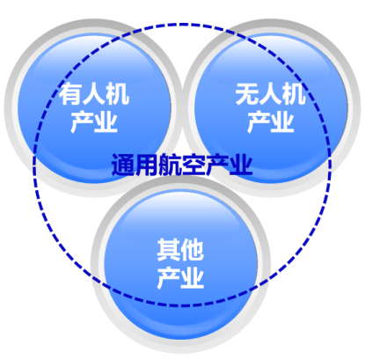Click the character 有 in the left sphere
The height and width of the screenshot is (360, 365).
pyautogui.click(x=70, y=94)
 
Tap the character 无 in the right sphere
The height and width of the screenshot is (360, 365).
pyautogui.click(x=247, y=94)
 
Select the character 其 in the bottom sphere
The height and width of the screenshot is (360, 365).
pyautogui.click(x=169, y=250)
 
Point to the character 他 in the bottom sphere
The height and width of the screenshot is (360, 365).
pyautogui.click(x=192, y=250)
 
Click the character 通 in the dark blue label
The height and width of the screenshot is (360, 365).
pyautogui.click(x=123, y=165)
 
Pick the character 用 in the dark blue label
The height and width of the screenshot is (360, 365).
pyautogui.click(x=147, y=165)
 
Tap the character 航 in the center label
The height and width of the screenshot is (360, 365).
pyautogui.click(x=170, y=165)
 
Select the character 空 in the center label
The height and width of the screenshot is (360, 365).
pyautogui.click(x=193, y=165)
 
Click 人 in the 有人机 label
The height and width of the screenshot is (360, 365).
pyautogui.click(x=94, y=94)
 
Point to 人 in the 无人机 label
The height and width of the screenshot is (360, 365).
pyautogui.click(x=271, y=94)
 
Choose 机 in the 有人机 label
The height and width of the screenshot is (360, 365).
pyautogui.click(x=118, y=94)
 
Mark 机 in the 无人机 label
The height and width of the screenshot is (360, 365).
pyautogui.click(x=294, y=94)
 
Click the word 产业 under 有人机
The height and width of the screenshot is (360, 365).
pyautogui.click(x=94, y=121)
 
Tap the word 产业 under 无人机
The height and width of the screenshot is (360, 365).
pyautogui.click(x=271, y=121)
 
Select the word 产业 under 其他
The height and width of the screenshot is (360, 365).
pyautogui.click(x=180, y=277)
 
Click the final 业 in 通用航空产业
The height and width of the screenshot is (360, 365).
pyautogui.click(x=241, y=165)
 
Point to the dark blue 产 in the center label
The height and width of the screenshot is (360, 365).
pyautogui.click(x=217, y=165)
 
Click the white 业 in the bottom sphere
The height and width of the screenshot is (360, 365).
pyautogui.click(x=193, y=277)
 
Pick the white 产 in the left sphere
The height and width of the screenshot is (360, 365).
pyautogui.click(x=83, y=121)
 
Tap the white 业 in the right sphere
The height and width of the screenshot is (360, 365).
pyautogui.click(x=282, y=121)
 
